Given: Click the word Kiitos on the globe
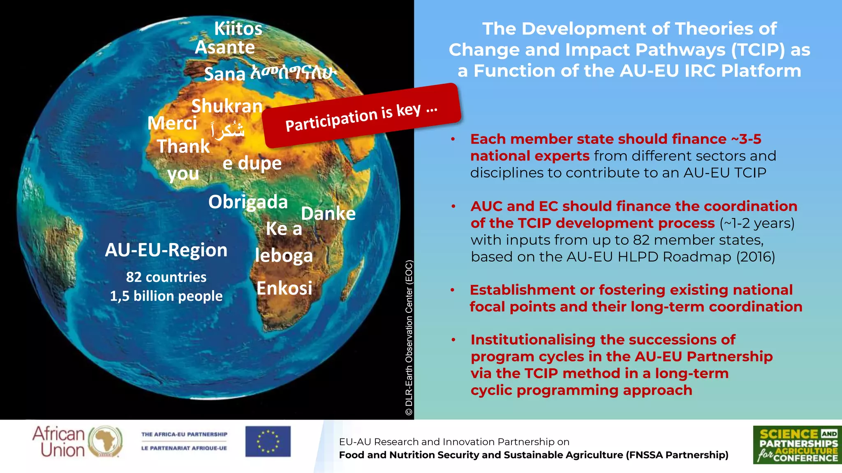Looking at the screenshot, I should point(238,29).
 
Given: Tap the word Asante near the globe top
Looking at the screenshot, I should point(224,48).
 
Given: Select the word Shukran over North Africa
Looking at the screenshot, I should point(227,106).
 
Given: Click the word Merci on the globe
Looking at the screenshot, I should point(172,123).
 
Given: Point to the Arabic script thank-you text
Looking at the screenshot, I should point(228,130).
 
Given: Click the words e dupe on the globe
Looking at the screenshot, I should point(252,163).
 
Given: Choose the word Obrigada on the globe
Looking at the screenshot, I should point(248,202).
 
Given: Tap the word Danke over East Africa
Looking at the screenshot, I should point(328,214).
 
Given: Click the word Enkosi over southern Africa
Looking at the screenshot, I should point(284,288).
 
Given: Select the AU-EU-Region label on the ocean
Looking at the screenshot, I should point(166,250).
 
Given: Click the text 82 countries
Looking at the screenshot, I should point(166,277).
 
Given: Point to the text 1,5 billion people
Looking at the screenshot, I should point(166,296).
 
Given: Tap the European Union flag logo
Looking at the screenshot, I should point(268,441).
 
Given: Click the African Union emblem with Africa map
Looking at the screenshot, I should point(105,441).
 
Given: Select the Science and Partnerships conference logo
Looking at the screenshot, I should point(797,445).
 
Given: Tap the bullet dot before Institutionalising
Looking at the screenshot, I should point(453,340).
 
